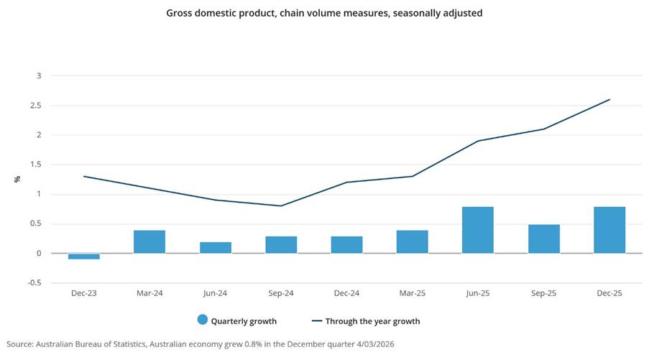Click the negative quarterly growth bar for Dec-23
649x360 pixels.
pos(83,256)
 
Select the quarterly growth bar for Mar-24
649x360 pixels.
pos(149,241)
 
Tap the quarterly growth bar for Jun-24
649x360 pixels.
pos(215,247)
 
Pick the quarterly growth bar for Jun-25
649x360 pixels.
pos(478,230)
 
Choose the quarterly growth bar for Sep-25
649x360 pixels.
pos(543,239)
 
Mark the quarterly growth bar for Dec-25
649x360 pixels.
pos(609,230)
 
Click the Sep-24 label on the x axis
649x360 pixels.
pos(281,294)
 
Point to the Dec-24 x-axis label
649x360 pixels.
pos(346,294)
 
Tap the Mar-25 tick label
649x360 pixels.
pos(413,294)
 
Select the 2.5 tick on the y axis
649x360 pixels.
pos(35,106)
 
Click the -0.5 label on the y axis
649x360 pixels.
pos(34,283)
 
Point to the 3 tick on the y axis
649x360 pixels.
pos(40,76)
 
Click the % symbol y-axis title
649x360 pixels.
pos(17,179)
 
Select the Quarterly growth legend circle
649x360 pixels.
pos(203,320)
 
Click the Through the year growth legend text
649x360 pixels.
pos(372,321)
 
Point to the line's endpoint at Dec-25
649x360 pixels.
pos(609,100)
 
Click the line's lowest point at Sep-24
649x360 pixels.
pos(281,206)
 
